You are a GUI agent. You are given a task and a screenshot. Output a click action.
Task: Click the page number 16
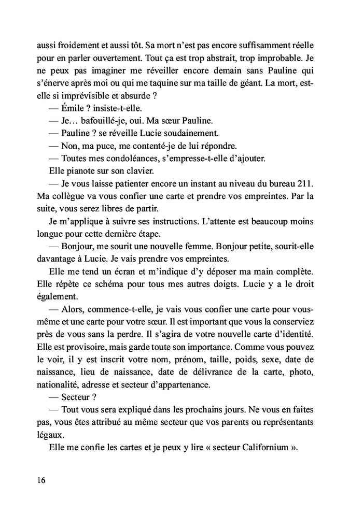click(x=41, y=480)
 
